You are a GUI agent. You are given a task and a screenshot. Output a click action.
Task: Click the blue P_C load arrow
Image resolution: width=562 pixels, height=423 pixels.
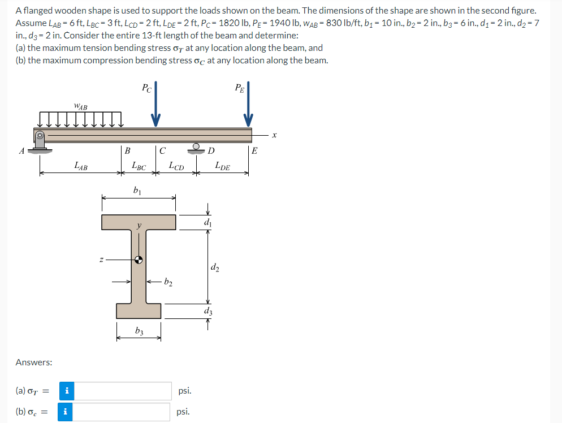coord(155,104)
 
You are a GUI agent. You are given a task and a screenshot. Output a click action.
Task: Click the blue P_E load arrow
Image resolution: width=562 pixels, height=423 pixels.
coord(248,104)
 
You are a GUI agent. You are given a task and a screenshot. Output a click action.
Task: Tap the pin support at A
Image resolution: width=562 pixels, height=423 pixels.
coord(40,142)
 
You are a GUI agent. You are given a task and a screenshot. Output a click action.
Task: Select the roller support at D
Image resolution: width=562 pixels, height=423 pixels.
coord(196,148)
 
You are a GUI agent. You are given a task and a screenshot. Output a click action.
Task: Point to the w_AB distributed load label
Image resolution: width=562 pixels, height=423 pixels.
coord(81,106)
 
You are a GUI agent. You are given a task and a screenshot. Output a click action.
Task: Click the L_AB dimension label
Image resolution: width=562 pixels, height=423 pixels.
coord(81,166)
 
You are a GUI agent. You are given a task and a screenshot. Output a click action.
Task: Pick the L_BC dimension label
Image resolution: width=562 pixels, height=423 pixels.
coord(139,166)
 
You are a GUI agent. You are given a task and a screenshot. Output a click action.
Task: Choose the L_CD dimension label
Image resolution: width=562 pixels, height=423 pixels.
coord(176,166)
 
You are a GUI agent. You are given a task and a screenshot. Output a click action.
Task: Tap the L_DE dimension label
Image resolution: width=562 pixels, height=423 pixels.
coord(223,166)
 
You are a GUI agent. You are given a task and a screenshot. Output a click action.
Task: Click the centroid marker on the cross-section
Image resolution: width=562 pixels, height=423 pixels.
coord(139,260)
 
